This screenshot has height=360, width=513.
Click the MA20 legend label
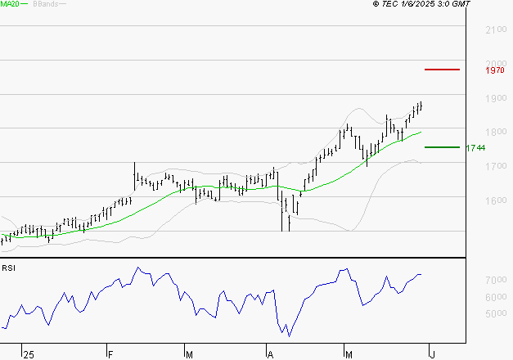[9, 4]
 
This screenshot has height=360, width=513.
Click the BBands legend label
[44, 4]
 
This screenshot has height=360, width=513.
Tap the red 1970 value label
[494, 70]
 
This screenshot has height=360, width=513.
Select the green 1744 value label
[475, 148]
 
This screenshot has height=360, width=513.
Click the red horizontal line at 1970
[442, 70]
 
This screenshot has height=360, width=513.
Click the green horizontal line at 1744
[442, 147]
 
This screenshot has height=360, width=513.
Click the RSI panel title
[8, 268]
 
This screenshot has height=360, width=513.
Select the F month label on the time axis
[110, 354]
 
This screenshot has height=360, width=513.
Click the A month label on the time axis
[270, 354]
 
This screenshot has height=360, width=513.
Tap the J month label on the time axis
[431, 354]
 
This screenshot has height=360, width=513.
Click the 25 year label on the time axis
[29, 354]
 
